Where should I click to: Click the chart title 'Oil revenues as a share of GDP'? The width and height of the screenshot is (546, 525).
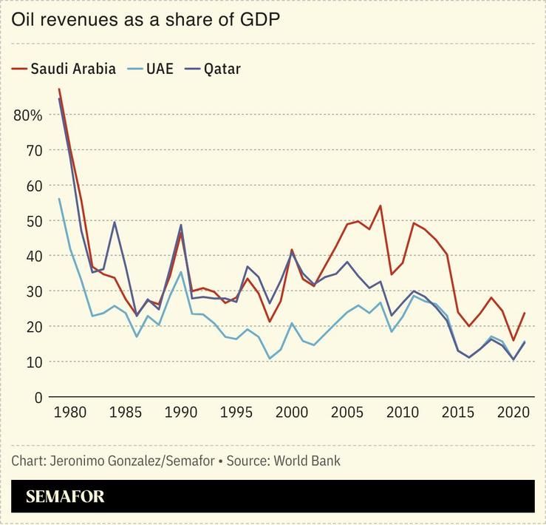pyautogui.click(x=146, y=21)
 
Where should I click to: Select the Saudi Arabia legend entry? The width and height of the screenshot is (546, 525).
pyautogui.click(x=64, y=69)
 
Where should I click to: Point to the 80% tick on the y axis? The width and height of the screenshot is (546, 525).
pyautogui.click(x=28, y=115)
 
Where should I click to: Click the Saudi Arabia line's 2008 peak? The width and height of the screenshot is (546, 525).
pyautogui.click(x=380, y=206)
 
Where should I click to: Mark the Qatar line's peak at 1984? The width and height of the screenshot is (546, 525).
pyautogui.click(x=115, y=222)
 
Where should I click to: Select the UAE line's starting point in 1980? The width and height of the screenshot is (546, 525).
pyautogui.click(x=59, y=199)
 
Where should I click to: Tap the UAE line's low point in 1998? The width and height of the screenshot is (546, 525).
pyautogui.click(x=270, y=359)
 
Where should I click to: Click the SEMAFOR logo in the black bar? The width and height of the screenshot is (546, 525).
pyautogui.click(x=65, y=496)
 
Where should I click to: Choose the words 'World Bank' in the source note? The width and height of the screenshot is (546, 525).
pyautogui.click(x=307, y=461)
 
